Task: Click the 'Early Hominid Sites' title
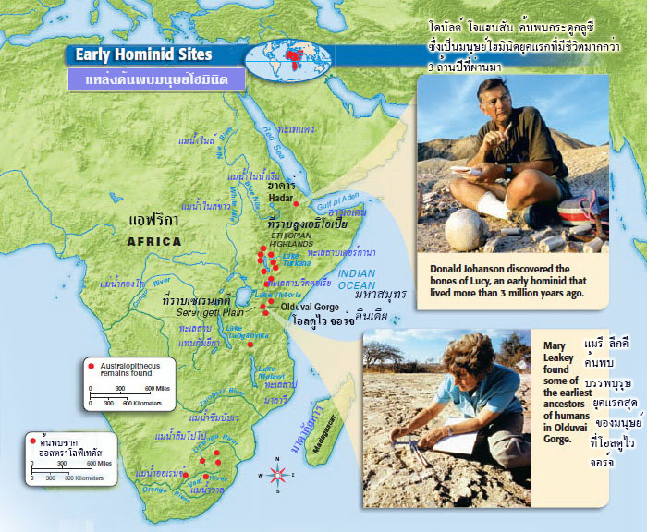coord(146,54)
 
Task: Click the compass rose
coord(277,475)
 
